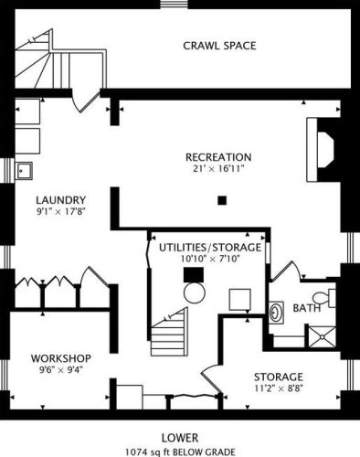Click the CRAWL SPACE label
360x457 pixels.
click(218, 46)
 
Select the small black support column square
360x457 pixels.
click(221, 200)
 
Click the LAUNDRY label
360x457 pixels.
click(60, 201)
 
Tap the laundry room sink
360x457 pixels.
click(24, 169)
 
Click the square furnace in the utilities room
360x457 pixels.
click(240, 301)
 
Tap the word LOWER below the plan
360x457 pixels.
click(180, 438)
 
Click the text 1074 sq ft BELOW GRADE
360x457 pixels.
click(180, 451)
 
